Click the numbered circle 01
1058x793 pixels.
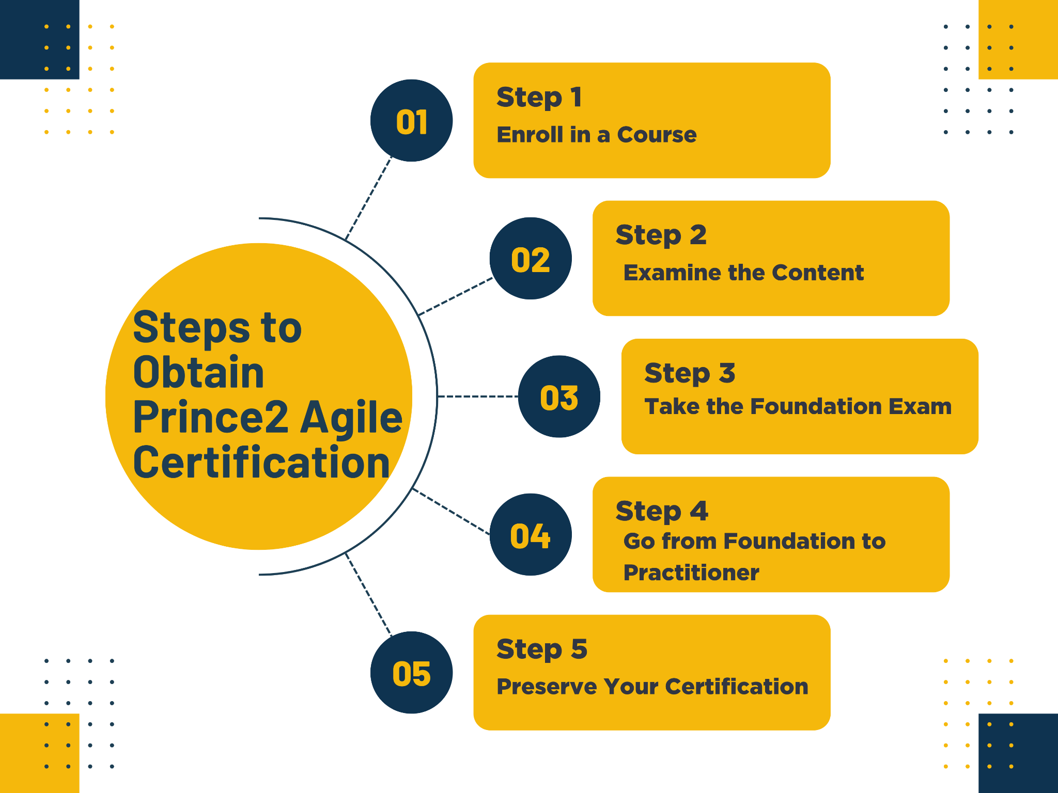[412, 120]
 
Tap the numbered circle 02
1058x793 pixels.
[531, 258]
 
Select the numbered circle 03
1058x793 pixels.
[559, 396]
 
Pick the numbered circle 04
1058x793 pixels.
[531, 534]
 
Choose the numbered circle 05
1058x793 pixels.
[412, 672]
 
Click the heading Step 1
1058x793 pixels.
[539, 98]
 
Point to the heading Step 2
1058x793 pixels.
[661, 235]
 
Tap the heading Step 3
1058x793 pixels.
[690, 373]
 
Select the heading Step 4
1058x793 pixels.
[662, 511]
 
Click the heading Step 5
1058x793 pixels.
[542, 649]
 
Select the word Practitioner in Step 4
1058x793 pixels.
[691, 573]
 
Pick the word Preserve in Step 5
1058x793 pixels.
[546, 687]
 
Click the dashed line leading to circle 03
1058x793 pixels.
[478, 396]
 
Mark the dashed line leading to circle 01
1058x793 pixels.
[368, 198]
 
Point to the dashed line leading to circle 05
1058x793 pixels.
[368, 594]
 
